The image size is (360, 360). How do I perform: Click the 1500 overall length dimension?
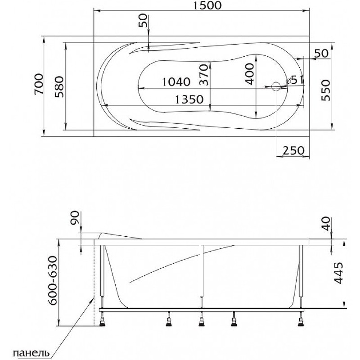pos(207,5)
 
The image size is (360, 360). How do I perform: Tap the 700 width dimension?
pos(39,84)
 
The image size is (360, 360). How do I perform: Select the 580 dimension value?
pos(60,87)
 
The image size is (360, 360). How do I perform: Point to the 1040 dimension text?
pos(176,82)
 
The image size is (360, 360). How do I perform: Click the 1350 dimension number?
pos(189,99)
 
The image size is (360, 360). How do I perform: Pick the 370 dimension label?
pos(204,75)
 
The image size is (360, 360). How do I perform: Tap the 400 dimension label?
pos(250,74)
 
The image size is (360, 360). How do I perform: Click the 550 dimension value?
pos(325,90)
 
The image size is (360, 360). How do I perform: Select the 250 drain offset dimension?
pos(293,151)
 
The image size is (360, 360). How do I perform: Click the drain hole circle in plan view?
pos(276,87)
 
